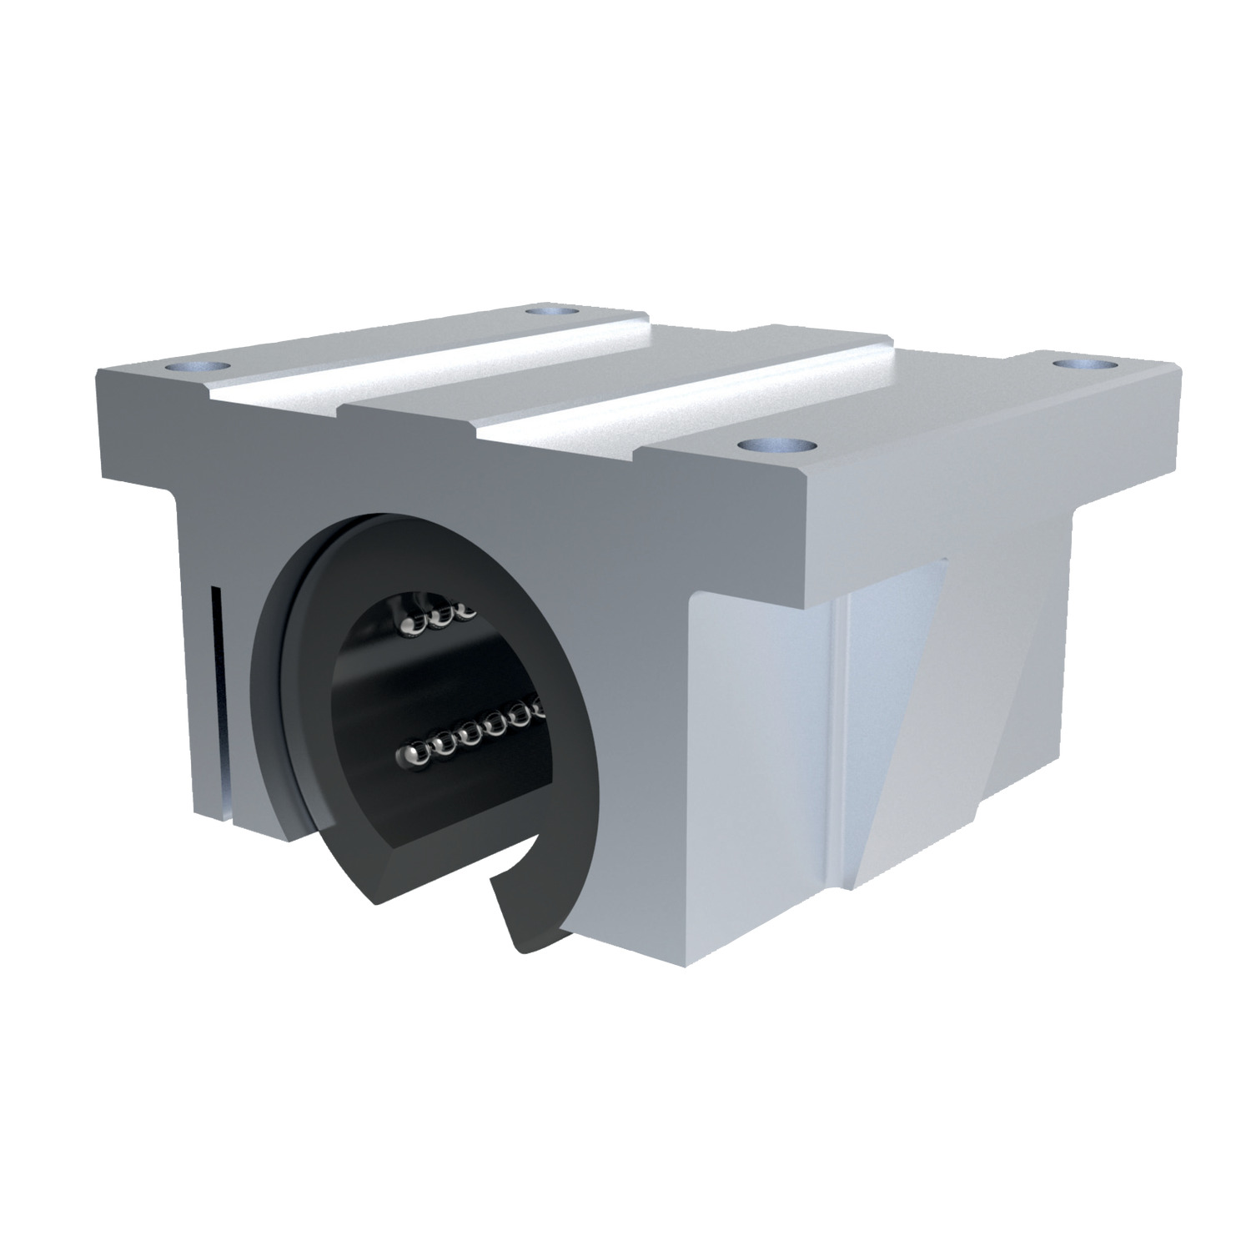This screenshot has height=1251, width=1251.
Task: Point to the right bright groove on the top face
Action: click(x=709, y=400)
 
